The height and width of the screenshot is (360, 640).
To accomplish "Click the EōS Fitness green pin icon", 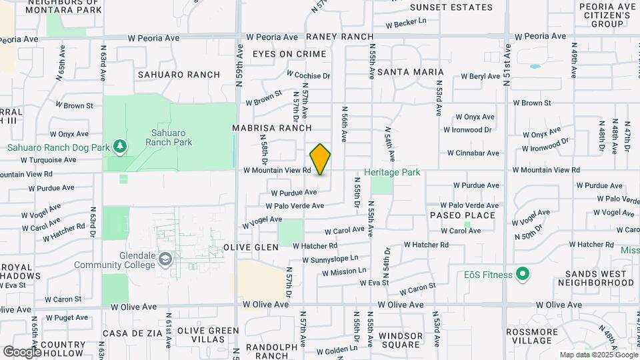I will click(x=523, y=275).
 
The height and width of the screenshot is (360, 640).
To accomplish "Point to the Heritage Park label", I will click(x=392, y=173).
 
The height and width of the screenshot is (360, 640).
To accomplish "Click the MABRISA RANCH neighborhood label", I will click(x=271, y=127).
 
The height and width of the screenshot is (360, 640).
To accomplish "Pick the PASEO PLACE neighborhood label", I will click(x=462, y=215).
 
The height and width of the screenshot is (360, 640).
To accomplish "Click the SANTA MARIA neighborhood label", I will click(x=410, y=71).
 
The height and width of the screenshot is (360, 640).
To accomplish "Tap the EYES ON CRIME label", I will click(x=289, y=54).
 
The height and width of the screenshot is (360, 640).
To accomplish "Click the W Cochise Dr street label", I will click(x=308, y=76).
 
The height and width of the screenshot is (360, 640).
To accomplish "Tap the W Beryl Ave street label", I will click(x=479, y=77).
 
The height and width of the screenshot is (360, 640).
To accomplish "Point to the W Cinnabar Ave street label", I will click(x=475, y=153).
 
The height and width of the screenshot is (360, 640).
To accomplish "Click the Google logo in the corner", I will click(x=22, y=351).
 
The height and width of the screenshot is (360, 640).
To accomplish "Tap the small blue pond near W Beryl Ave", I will click(x=535, y=67).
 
